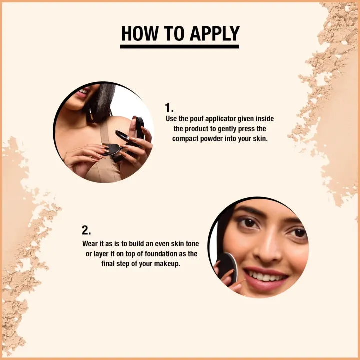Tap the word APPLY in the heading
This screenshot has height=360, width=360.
[x=215, y=34]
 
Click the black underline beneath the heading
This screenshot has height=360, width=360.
[x=180, y=47]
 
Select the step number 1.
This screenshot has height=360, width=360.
[x=169, y=108]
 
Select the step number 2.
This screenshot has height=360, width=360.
[x=86, y=230]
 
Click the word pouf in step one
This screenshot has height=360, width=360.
[x=197, y=119]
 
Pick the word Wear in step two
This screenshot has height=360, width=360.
[x=90, y=244]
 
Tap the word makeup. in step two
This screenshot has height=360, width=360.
[x=167, y=264]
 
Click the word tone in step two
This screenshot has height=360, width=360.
[x=192, y=244]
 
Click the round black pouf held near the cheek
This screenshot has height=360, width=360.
[x=227, y=267]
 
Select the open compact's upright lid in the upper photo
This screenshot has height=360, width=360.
[x=139, y=128]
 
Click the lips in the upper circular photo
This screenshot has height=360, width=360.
[x=82, y=93]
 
